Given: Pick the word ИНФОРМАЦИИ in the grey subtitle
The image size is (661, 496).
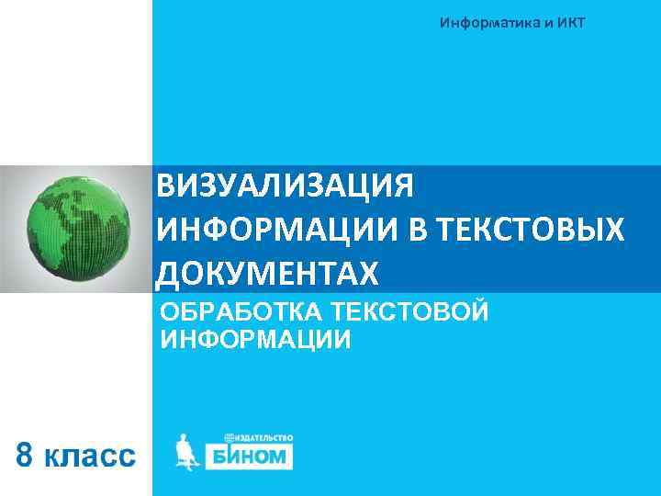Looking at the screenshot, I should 255,340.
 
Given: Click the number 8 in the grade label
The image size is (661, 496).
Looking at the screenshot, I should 28,454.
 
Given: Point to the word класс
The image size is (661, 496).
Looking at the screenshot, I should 90,456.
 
